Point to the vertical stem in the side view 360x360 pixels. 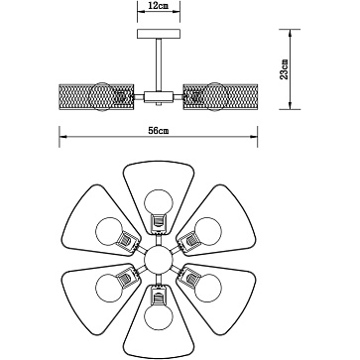[x=154, y=64]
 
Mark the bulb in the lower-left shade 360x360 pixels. [x=105, y=288]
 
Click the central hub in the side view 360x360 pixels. [x=154, y=95]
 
